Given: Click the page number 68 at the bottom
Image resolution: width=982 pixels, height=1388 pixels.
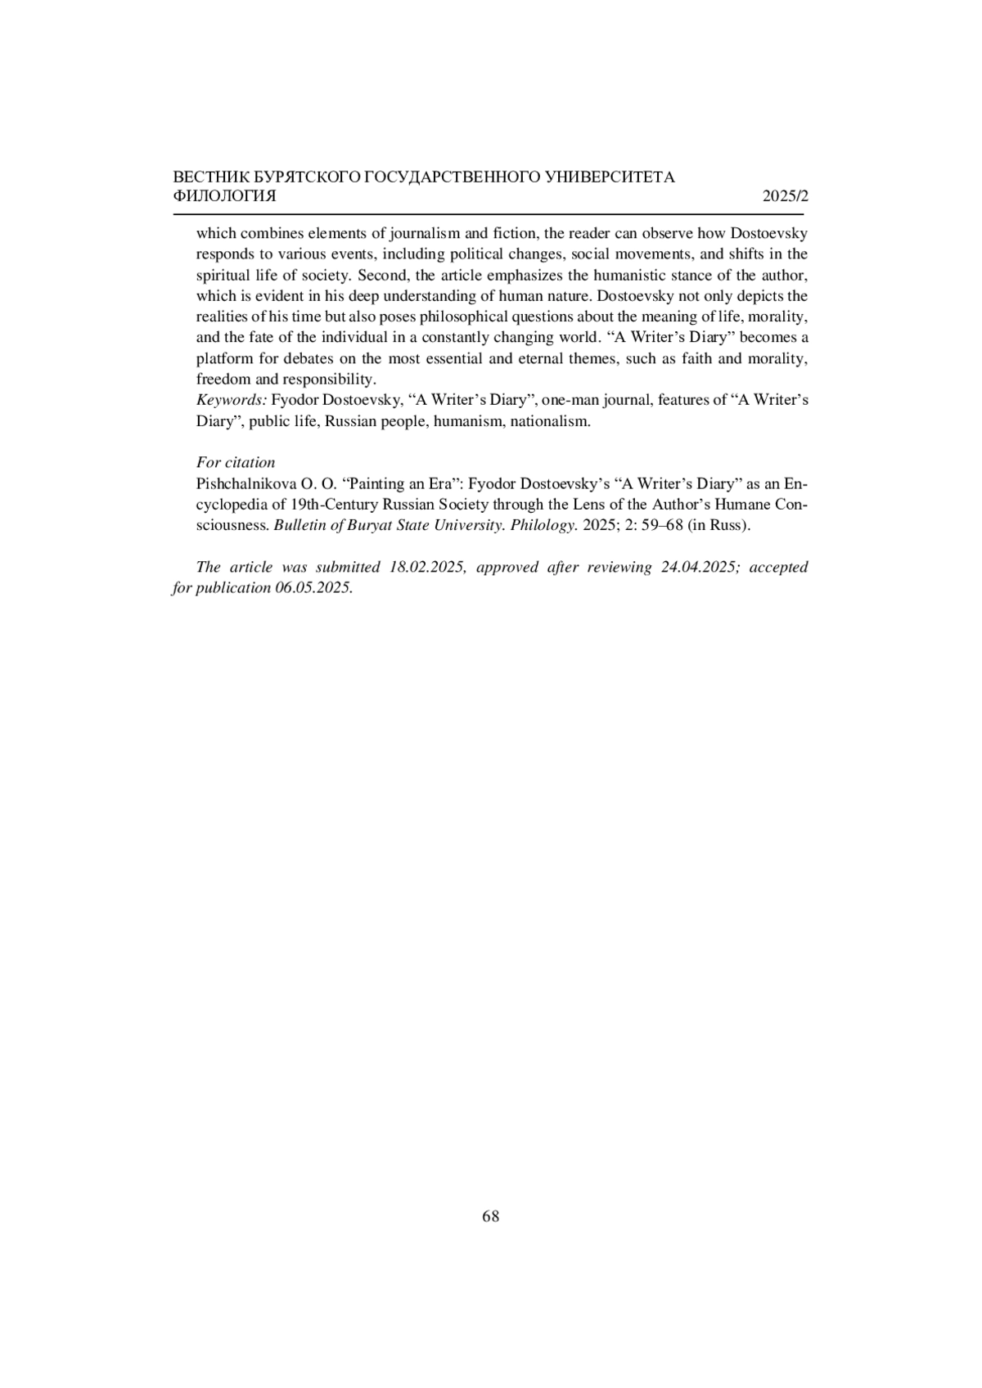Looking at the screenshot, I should [491, 1216].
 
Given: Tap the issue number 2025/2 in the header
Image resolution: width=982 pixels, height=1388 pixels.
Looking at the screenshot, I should [785, 196].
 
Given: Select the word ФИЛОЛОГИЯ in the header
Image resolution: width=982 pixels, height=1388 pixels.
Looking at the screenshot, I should [225, 196].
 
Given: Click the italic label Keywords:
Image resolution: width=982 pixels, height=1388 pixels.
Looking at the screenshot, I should [232, 400].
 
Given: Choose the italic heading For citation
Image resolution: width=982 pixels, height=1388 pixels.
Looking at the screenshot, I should [236, 462].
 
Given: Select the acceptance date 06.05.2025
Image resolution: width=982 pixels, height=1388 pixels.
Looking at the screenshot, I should [313, 588].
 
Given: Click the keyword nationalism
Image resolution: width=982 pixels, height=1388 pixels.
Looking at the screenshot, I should [549, 421].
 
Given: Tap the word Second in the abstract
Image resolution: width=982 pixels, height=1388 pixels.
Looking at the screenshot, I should [381, 275].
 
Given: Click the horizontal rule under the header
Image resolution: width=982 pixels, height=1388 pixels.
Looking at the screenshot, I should [488, 214].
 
